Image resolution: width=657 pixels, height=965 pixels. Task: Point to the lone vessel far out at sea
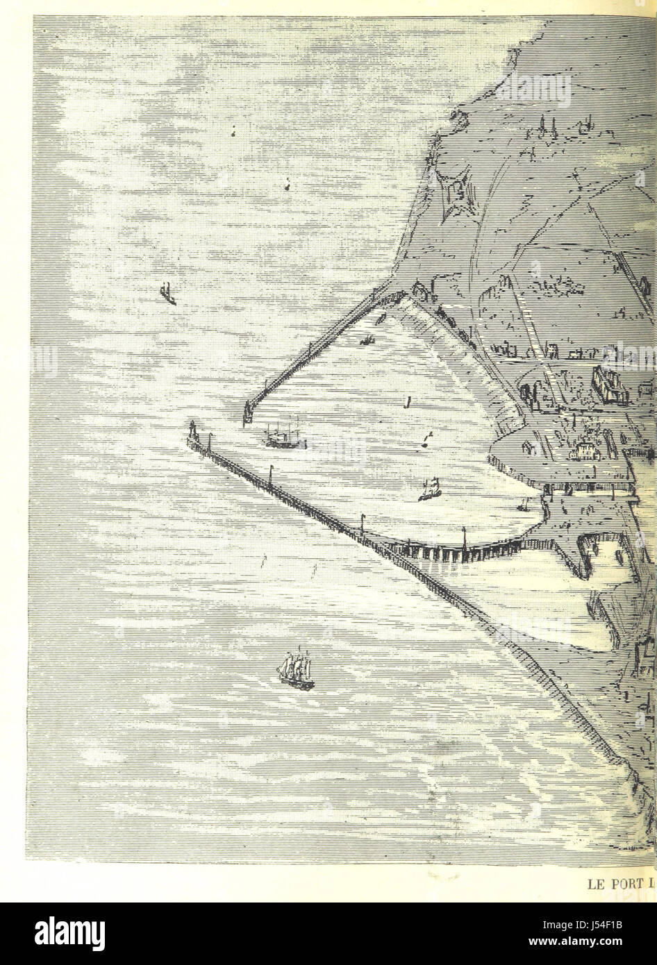point(167,294)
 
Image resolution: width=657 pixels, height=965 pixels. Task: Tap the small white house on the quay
point(581,451)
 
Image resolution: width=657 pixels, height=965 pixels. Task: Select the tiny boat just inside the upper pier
point(367,340)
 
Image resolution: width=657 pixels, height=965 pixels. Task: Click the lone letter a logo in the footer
point(42,934)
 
